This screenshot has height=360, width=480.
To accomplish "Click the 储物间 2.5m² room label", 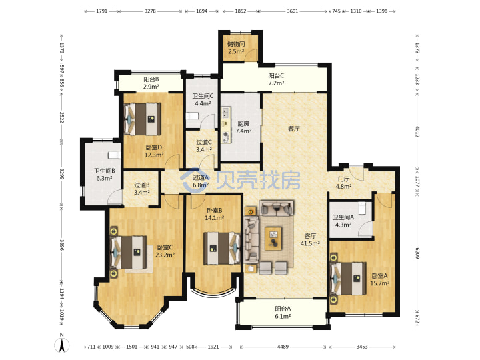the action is (x=236, y=48).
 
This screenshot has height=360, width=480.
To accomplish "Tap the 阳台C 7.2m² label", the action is (x=276, y=79).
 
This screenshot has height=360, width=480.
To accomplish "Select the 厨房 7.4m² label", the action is (x=243, y=127).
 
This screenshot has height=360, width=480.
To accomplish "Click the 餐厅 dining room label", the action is (x=294, y=129).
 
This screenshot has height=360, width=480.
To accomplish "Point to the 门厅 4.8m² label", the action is (x=343, y=183).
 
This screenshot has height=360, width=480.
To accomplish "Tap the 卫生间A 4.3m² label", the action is (x=343, y=221).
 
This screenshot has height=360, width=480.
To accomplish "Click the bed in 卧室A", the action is (x=349, y=279).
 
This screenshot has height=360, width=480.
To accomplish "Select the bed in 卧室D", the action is (x=143, y=119).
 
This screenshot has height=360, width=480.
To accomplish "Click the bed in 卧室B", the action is (x=222, y=248).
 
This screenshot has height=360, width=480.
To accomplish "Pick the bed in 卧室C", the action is (x=129, y=253).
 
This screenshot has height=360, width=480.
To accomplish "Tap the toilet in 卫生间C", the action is (x=193, y=116).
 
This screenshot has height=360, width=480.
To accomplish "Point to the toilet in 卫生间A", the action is (x=362, y=207).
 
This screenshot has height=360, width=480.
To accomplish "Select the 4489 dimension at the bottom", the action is (x=283, y=347).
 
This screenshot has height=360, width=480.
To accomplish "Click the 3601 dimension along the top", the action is (x=293, y=11).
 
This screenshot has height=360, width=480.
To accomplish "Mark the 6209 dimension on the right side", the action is (x=417, y=253).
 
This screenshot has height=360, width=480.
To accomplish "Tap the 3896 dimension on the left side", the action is (x=62, y=245).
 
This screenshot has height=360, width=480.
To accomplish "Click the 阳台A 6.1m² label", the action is (x=283, y=313).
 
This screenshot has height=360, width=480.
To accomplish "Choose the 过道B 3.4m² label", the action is (x=142, y=189).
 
